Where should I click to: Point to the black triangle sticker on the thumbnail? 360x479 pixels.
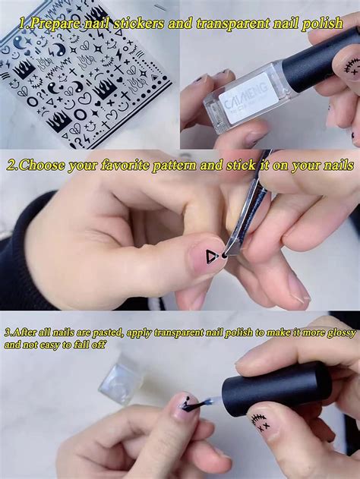point(211,257)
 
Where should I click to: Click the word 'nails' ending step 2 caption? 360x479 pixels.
point(338,165)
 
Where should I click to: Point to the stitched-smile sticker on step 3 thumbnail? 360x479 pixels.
point(260,422)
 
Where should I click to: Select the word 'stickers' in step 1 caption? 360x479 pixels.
point(139,24)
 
